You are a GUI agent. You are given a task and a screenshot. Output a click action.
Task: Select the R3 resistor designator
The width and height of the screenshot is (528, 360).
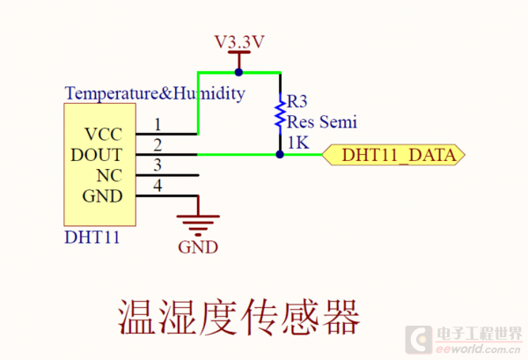[x=297, y=102]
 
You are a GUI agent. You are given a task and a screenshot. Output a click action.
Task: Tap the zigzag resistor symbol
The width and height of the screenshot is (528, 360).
[x=280, y=114]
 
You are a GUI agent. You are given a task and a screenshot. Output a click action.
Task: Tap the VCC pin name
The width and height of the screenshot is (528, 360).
[x=104, y=135]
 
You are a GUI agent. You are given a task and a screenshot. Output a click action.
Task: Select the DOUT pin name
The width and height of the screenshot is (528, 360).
[x=98, y=155]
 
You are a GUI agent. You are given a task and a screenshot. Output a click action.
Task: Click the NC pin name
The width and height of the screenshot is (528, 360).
[x=109, y=175]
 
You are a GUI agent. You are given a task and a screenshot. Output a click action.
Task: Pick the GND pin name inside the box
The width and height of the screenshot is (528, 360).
[x=103, y=195]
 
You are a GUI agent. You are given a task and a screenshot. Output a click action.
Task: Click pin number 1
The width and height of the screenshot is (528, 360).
[x=158, y=124]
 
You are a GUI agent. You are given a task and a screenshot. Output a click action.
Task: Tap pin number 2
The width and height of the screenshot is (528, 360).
[x=158, y=144]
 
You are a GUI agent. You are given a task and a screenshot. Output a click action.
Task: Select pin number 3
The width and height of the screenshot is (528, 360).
[x=158, y=165]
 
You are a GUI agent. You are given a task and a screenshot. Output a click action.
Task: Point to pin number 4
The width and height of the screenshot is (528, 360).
[x=158, y=185]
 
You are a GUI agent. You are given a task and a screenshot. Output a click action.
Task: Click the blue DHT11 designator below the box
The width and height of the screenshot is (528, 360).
[x=92, y=238]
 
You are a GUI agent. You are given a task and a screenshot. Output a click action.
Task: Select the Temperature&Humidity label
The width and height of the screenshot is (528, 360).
[x=155, y=93]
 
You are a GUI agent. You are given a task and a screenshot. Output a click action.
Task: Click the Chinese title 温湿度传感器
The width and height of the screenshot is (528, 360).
[x=239, y=316]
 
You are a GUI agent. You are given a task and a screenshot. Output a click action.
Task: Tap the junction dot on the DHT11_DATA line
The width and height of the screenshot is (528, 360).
[x=280, y=154]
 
